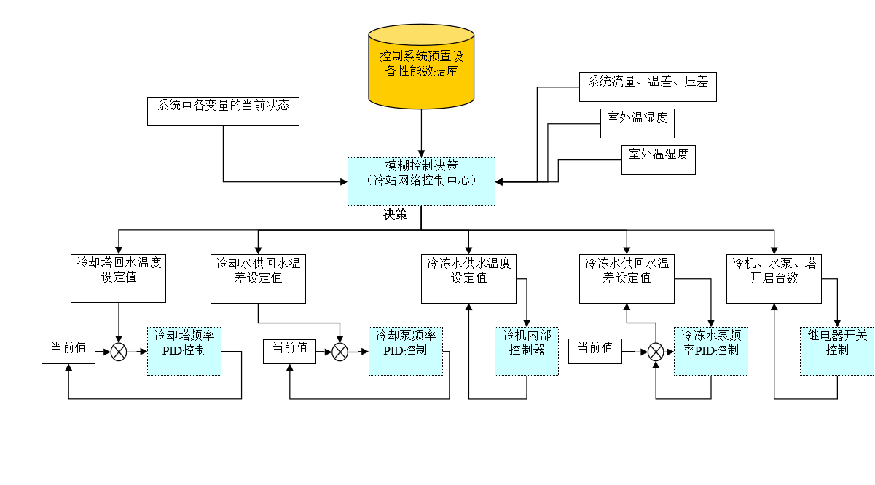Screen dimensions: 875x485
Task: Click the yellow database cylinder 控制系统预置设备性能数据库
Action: (x=421, y=66)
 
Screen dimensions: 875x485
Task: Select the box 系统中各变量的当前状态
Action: (x=223, y=111)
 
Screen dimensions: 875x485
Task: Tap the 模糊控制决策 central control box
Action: (x=421, y=181)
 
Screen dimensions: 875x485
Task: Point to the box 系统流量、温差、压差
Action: (x=648, y=87)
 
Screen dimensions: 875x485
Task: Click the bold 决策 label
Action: (x=395, y=214)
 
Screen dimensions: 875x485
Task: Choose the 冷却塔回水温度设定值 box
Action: (x=118, y=278)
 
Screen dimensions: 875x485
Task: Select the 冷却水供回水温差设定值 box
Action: (x=258, y=279)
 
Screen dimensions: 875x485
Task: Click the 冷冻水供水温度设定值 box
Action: (x=468, y=279)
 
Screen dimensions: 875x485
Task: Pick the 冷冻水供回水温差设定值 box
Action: (x=627, y=279)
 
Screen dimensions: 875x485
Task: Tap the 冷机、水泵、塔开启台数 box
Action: (x=774, y=279)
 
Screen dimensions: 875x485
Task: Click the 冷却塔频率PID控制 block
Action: (x=184, y=352)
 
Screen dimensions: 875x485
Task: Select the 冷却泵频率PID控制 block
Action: (x=406, y=352)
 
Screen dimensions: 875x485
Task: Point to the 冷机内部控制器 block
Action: (x=527, y=352)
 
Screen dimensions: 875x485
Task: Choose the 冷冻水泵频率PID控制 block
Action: (x=711, y=352)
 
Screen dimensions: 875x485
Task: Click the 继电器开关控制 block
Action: (x=836, y=352)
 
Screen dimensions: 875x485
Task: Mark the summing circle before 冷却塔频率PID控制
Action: (x=119, y=352)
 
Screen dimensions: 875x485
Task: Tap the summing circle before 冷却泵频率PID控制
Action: (x=340, y=352)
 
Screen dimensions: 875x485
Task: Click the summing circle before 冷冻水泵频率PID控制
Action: (x=656, y=352)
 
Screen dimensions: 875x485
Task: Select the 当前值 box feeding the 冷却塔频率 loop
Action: (x=68, y=352)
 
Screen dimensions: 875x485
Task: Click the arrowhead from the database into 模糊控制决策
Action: (x=421, y=154)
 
